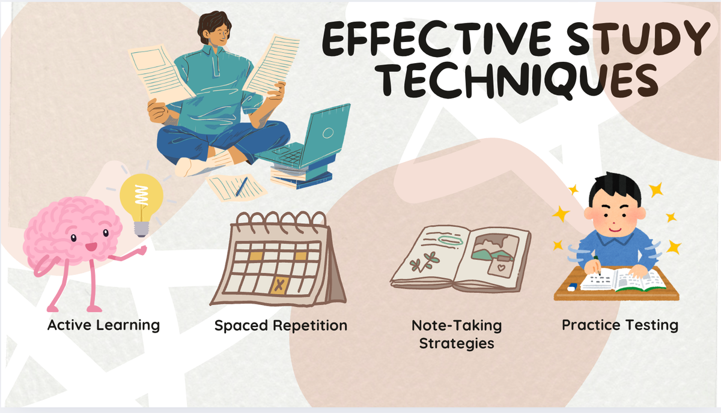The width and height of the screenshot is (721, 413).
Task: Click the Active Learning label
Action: pyautogui.click(x=103, y=325)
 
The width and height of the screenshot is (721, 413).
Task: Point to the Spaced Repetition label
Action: pyautogui.click(x=281, y=326)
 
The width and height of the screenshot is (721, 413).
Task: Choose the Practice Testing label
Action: pyautogui.click(x=619, y=325)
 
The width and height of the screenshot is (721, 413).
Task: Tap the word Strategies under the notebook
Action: pyautogui.click(x=457, y=344)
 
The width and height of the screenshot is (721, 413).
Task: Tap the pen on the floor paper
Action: pyautogui.click(x=242, y=186)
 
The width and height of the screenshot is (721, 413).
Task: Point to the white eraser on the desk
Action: pyautogui.click(x=571, y=286)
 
